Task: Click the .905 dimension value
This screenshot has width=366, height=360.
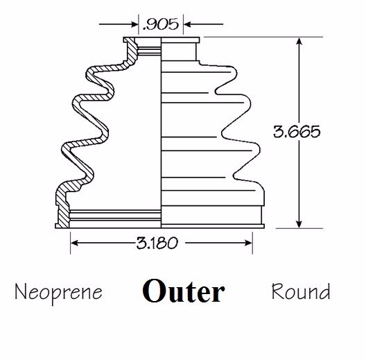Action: tap(161, 24)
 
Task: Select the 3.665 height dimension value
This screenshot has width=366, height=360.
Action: tap(297, 132)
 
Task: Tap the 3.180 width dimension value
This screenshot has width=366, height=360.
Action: tap(157, 243)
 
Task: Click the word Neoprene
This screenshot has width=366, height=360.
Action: tap(59, 293)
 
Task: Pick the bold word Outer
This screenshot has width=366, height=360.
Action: tap(184, 291)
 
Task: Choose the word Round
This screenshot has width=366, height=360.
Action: tap(301, 291)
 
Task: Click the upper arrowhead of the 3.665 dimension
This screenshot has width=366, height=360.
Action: tap(299, 42)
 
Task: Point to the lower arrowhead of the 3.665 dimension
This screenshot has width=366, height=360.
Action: tap(299, 224)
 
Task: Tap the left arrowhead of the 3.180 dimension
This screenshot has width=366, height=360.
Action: tap(74, 243)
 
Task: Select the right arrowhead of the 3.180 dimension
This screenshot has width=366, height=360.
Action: tap(248, 243)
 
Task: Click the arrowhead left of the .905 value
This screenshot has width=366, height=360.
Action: tap(134, 24)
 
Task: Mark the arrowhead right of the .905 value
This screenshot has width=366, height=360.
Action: tap(187, 24)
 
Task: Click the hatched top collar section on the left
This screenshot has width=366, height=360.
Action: tap(131, 50)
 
